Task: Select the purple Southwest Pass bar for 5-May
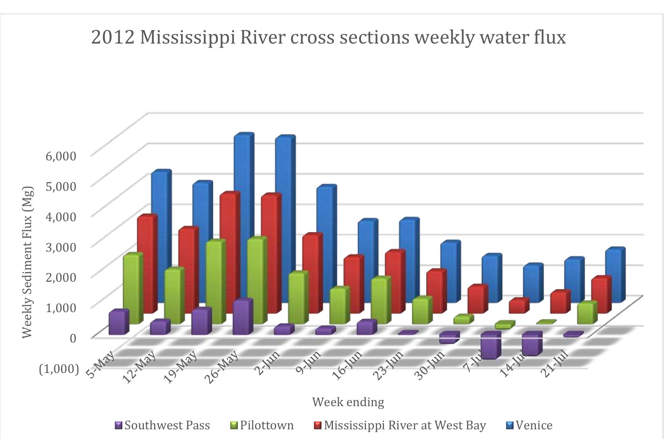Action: (118, 323)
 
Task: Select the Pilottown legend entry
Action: (262, 426)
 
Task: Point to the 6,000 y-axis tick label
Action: (60, 156)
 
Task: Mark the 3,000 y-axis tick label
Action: (60, 247)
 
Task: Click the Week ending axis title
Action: (348, 402)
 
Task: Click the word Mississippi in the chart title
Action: (188, 37)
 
